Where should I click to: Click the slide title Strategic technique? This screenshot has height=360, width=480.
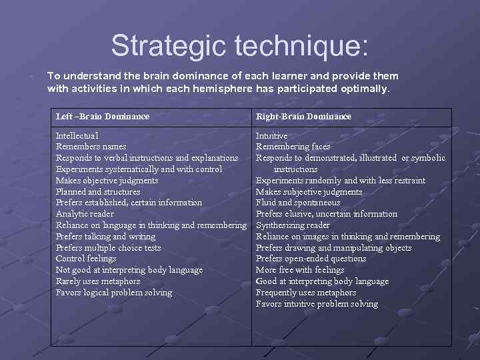coord(239,45)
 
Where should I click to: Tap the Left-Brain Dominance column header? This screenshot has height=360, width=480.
coord(103,117)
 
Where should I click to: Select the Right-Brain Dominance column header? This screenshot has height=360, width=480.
coord(303,117)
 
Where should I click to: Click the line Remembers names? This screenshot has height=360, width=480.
coord(91,147)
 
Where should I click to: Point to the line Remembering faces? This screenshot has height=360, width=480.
coord(293,147)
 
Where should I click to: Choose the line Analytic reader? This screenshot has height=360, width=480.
coord(85,214)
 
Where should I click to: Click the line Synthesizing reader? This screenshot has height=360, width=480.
coord(293,225)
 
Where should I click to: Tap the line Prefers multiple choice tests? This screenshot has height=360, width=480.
coord(108,247)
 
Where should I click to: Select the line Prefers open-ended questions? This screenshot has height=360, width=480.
coord(311,259)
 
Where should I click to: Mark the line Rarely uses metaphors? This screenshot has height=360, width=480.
coord(98,281)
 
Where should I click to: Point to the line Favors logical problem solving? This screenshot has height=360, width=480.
coord(114,293)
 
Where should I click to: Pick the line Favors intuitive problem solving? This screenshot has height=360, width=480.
coord(317,304)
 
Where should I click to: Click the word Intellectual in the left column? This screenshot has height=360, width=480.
coord(77,135)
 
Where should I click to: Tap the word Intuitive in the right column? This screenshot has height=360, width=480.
coord(271,135)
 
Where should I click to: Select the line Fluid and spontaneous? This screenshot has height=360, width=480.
coord(298,203)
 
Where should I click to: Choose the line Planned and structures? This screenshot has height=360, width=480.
coord(98,191)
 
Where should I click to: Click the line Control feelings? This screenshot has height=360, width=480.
coord(86,259)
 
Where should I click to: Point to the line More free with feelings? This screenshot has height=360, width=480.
coord(300,270)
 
